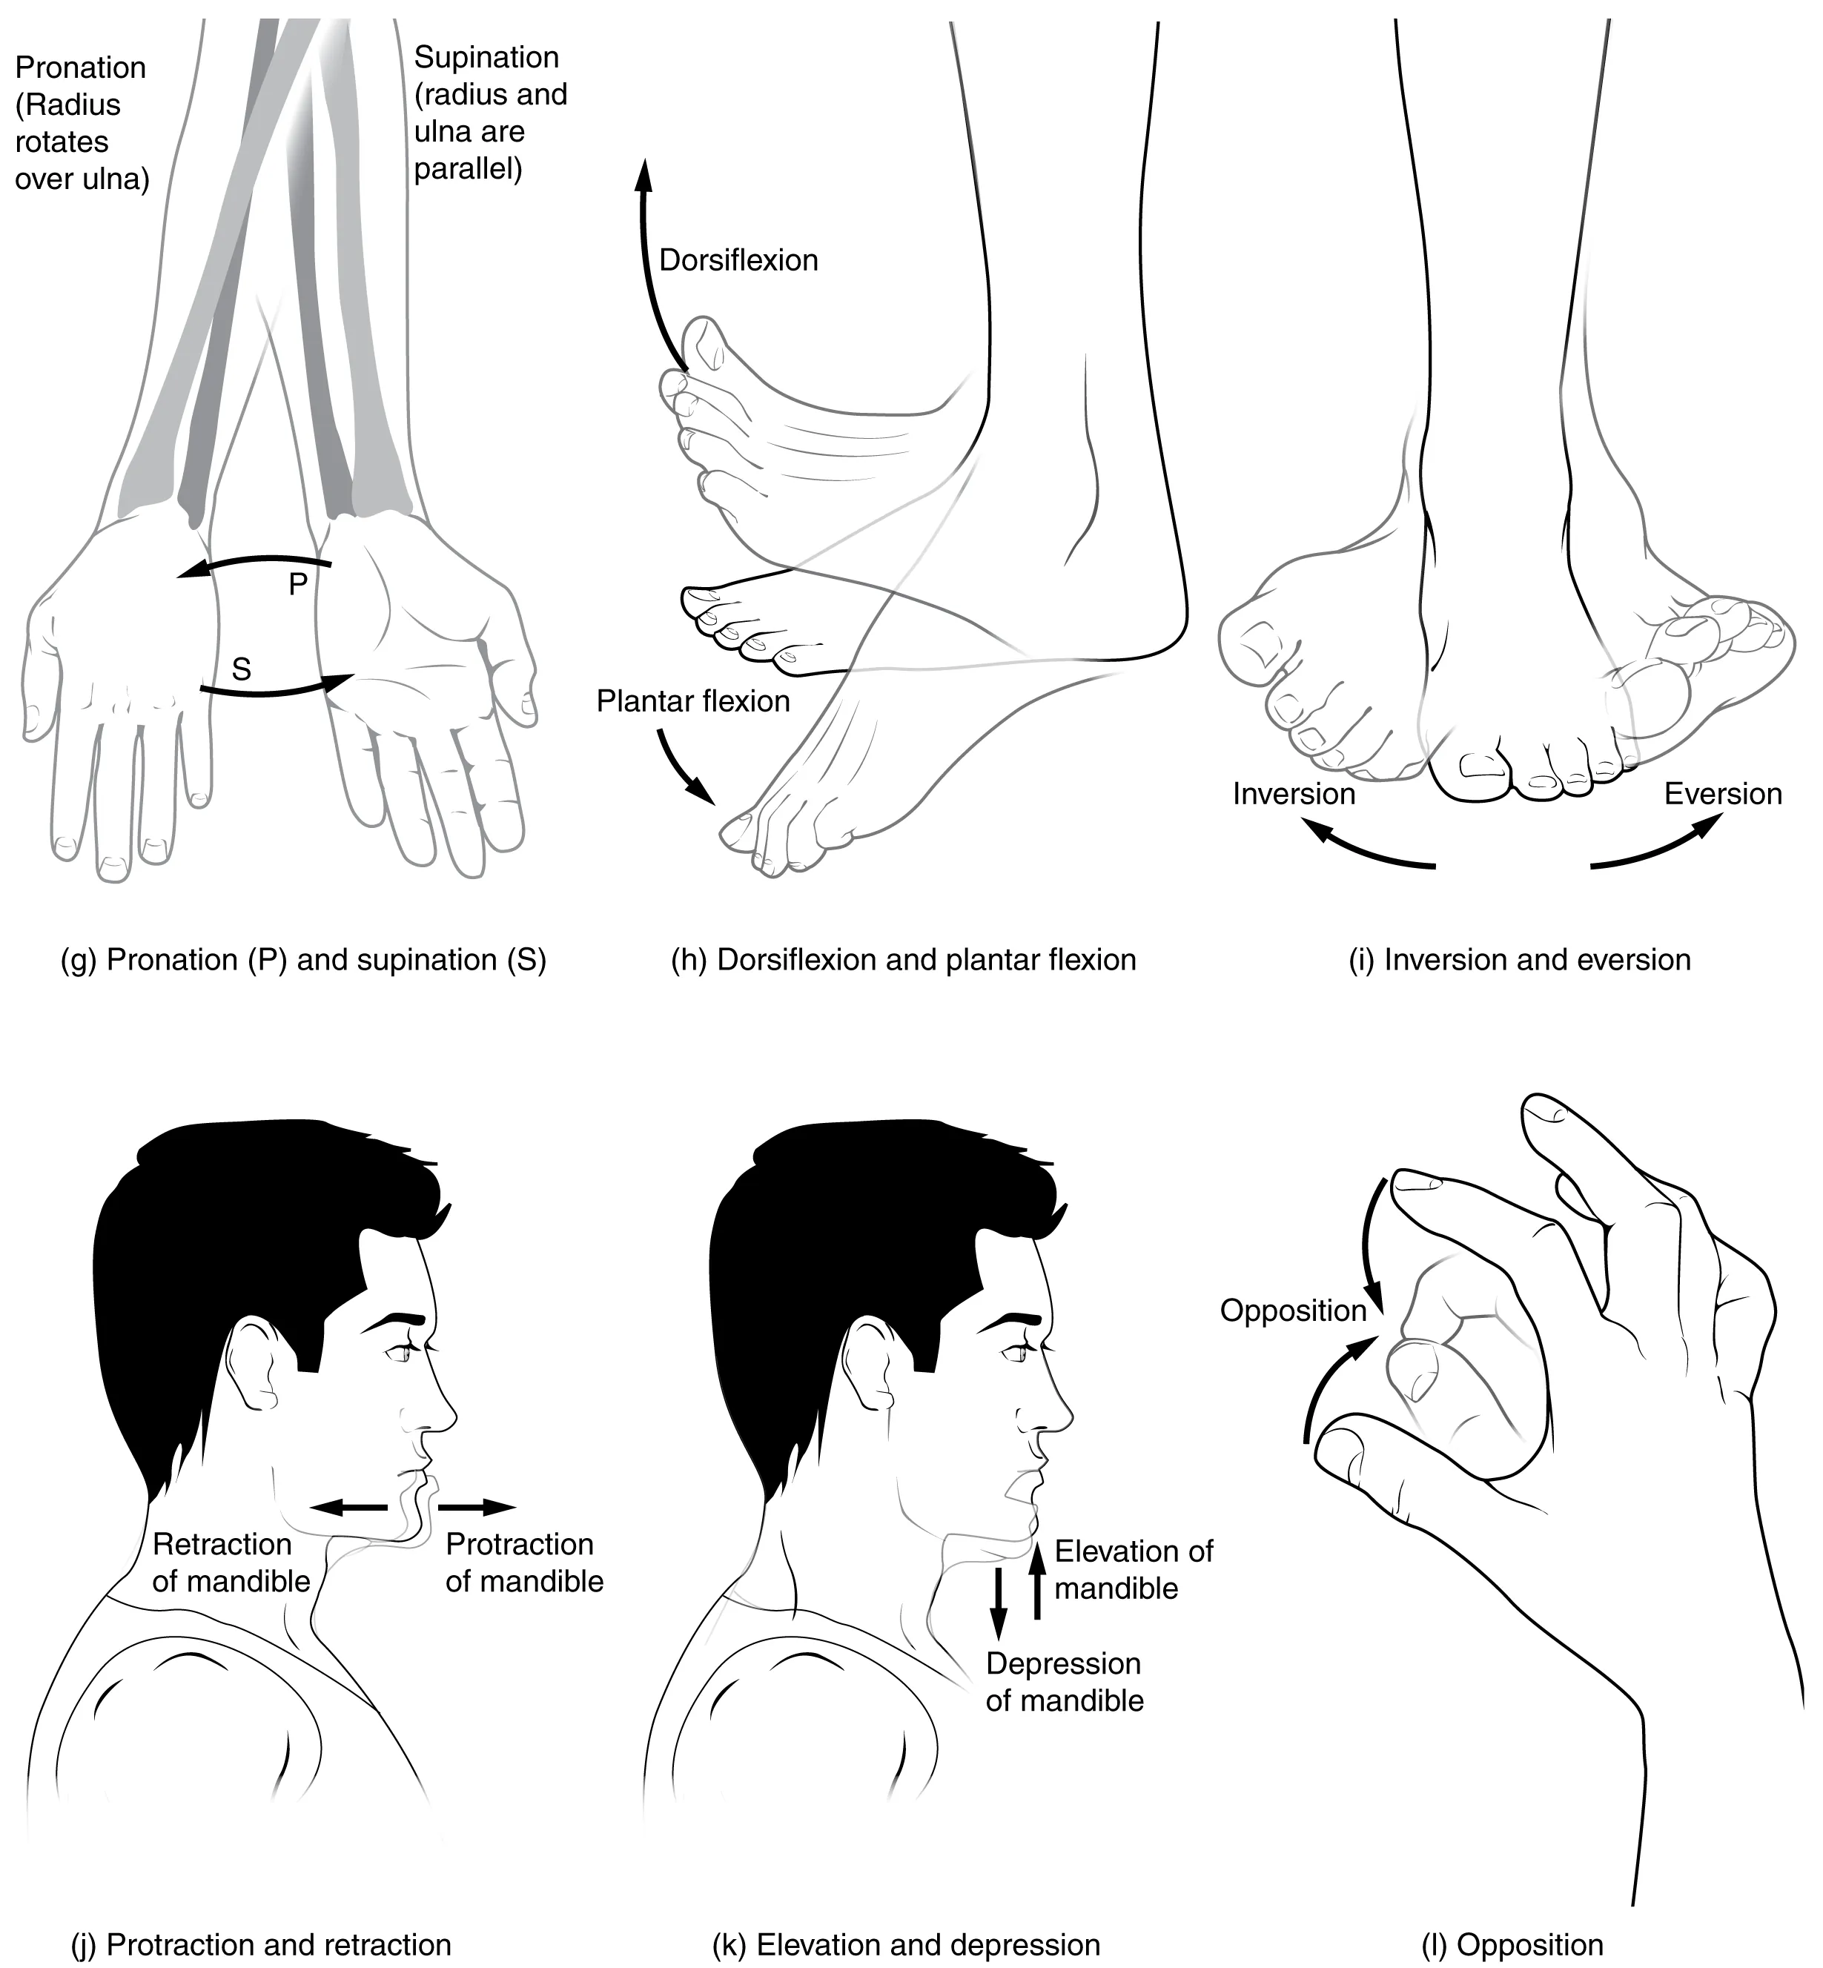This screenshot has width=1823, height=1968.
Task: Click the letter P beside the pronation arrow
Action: point(298,584)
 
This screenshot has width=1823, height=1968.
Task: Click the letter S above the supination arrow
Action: point(241,670)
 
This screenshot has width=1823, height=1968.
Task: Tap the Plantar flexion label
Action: point(692,701)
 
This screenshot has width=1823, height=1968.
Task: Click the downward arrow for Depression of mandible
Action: point(999,1604)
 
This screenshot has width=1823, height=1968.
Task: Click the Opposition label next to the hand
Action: point(1292,1311)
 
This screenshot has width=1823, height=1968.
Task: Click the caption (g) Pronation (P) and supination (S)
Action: point(303,960)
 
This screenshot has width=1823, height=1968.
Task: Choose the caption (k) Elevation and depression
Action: point(906,1918)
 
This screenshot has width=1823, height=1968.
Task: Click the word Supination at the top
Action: point(486,57)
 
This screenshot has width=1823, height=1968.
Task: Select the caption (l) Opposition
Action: point(1512,1918)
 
